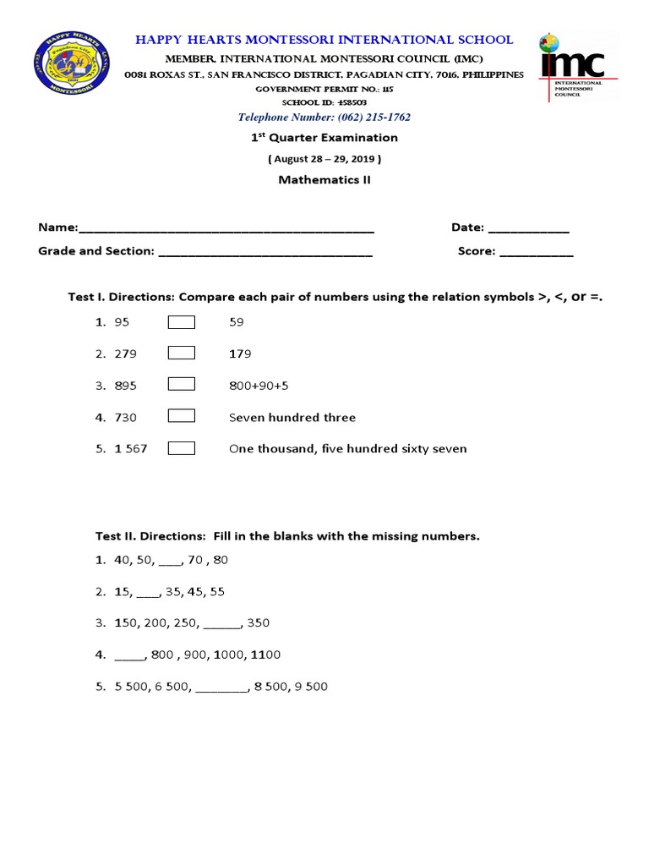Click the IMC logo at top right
577,68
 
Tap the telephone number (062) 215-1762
324,118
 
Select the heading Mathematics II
324,179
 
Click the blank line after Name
226,229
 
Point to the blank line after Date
529,229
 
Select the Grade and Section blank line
265,253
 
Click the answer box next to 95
182,321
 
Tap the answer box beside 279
182,353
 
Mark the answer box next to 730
182,416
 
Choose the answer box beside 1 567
182,448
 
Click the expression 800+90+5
259,386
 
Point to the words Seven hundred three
292,417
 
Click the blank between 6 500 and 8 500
221,688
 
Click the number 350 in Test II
259,623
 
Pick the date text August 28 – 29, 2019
324,158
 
